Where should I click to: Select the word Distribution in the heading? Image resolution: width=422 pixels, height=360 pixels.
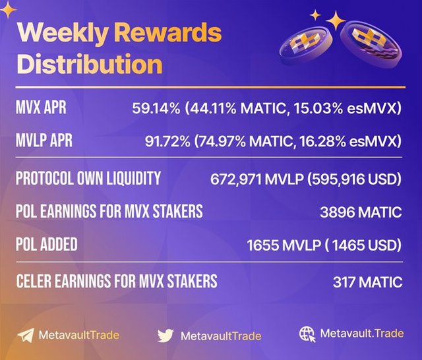[x=90, y=63]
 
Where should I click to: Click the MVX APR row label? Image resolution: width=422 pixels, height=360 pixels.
[x=41, y=107]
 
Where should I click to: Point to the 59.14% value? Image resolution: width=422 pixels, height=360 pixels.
[x=156, y=108]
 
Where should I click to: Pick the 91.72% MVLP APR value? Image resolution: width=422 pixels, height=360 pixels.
[x=167, y=141]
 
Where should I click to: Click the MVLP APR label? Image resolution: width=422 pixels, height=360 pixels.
[x=44, y=140]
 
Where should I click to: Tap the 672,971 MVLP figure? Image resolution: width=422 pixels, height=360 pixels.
[x=257, y=179]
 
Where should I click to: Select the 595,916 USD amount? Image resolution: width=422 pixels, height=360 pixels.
[x=354, y=179]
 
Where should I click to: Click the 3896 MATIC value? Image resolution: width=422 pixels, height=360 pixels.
[x=361, y=212]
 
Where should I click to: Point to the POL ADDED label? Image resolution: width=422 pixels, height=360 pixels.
[x=47, y=245]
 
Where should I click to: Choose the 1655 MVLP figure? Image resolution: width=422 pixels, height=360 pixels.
[x=284, y=245]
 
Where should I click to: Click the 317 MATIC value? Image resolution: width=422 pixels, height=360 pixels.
[x=368, y=282]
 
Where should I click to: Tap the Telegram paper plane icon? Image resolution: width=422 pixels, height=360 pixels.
[x=26, y=335]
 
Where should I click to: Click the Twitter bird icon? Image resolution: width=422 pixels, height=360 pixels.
[x=166, y=335]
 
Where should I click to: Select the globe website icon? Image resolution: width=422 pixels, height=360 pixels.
[x=307, y=334]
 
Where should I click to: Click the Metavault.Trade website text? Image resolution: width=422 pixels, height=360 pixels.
[x=362, y=334]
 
